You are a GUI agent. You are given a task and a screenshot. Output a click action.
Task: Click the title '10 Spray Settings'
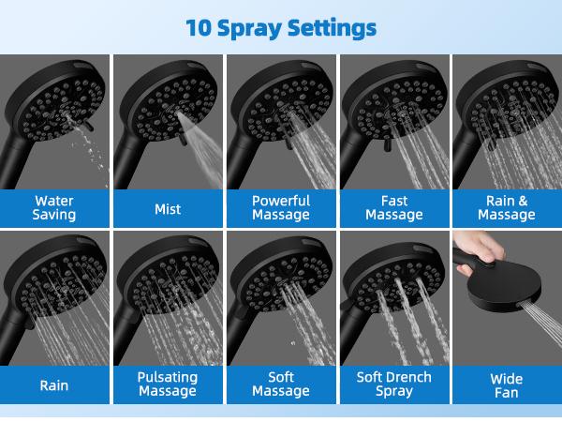pyautogui.click(x=281, y=26)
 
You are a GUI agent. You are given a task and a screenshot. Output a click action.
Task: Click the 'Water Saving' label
pyautogui.click(x=54, y=207)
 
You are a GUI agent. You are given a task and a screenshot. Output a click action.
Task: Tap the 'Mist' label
pyautogui.click(x=168, y=209)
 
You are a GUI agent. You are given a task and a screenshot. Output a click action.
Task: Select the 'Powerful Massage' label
pyautogui.click(x=281, y=207)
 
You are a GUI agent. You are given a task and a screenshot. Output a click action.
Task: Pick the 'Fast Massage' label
pyautogui.click(x=394, y=207)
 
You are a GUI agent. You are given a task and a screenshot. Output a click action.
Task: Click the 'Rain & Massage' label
pyautogui.click(x=507, y=207)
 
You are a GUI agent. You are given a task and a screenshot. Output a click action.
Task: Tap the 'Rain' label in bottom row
pyautogui.click(x=54, y=384)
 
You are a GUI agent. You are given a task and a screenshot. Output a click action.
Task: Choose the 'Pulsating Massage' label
pyautogui.click(x=168, y=384)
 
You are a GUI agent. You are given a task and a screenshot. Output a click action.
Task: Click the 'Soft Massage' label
pyautogui.click(x=281, y=384)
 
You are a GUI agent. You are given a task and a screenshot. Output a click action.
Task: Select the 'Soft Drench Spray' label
pyautogui.click(x=394, y=384)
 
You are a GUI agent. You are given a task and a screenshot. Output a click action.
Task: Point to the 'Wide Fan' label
pyautogui.click(x=507, y=385)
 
